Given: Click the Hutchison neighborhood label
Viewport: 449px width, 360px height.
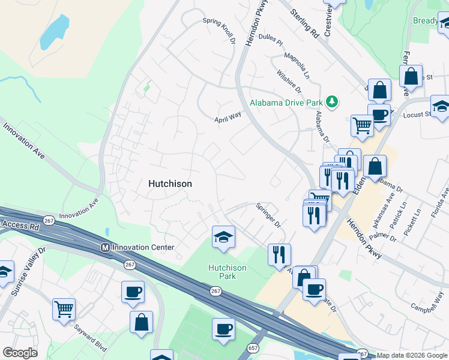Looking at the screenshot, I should (170, 184).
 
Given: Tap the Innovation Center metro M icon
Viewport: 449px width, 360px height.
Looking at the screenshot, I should (106, 247).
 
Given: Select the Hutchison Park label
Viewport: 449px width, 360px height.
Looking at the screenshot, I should (228, 272).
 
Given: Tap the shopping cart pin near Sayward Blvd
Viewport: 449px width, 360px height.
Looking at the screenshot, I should (64, 308).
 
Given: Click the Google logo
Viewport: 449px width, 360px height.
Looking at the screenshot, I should (20, 353).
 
